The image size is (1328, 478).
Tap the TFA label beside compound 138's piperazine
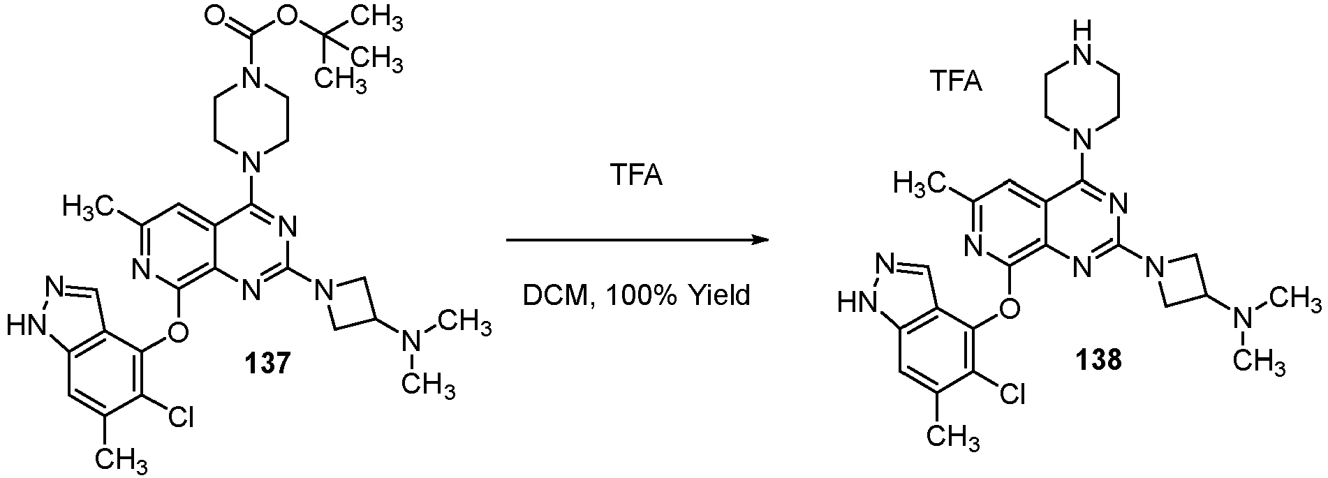[956, 83]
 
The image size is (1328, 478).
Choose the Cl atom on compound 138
[1012, 394]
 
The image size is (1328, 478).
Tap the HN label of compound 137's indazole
[22, 326]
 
